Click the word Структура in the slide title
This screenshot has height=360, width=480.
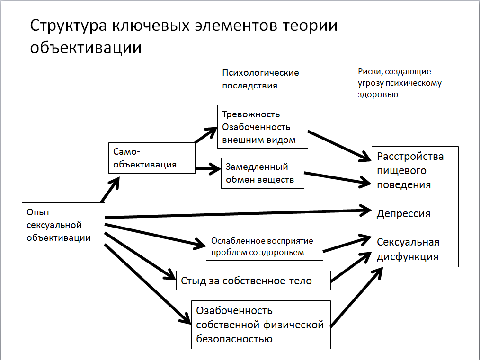(x=69, y=26)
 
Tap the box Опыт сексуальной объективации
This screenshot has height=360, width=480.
(x=63, y=225)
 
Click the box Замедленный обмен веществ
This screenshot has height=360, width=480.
(x=263, y=173)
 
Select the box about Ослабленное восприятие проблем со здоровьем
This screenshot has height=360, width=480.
(x=265, y=246)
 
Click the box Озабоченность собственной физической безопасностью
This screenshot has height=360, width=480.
(x=260, y=325)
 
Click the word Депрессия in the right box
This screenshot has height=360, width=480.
(x=403, y=214)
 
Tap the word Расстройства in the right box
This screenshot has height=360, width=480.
(x=410, y=157)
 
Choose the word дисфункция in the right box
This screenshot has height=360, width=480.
(x=407, y=257)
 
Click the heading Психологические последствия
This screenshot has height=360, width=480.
(x=260, y=79)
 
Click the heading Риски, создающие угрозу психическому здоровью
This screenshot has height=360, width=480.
(x=400, y=83)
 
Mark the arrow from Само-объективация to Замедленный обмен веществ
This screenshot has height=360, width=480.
(x=208, y=167)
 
